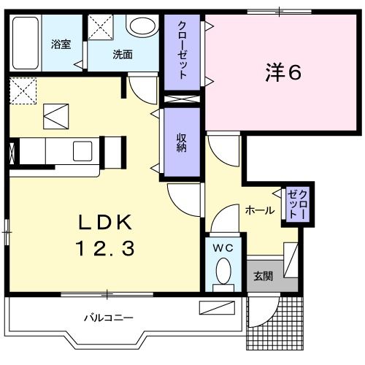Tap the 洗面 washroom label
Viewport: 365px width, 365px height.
[x=122, y=54]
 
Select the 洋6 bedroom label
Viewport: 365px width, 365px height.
[x=282, y=72]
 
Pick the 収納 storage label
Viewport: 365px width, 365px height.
[x=180, y=142]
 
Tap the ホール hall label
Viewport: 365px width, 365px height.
[x=261, y=210]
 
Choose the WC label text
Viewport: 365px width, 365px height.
[x=223, y=248]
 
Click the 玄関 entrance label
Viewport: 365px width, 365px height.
[x=263, y=276]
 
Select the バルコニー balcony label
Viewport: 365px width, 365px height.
[x=108, y=318]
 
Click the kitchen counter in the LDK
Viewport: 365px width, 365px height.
[x=58, y=151]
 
